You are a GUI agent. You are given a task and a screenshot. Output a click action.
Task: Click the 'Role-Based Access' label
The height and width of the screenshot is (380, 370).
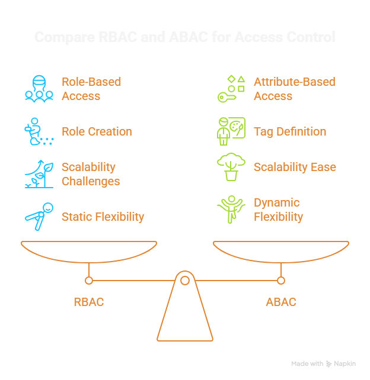91,89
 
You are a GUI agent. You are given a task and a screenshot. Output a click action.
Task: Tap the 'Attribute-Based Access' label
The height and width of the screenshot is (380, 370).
294,89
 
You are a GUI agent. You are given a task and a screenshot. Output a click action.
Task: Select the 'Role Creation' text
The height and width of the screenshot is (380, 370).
97,131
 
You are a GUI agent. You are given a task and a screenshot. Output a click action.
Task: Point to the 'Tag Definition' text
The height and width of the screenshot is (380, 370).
290,131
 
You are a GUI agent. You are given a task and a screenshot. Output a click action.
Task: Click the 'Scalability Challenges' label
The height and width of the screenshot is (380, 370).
91,174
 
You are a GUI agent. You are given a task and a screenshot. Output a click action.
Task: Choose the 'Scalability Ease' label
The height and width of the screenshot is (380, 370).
295,167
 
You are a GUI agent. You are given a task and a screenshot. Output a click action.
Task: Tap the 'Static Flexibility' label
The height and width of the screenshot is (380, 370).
103,217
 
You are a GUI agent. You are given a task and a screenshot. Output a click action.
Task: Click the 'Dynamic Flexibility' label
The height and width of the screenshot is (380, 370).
278,210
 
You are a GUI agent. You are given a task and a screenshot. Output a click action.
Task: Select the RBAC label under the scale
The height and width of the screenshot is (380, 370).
88,302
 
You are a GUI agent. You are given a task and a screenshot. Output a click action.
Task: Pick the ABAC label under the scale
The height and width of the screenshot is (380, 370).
280,302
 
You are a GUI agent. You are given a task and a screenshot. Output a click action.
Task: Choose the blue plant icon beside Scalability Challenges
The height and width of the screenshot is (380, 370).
39,174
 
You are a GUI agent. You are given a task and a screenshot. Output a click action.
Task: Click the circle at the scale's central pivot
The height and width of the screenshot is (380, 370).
185,280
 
